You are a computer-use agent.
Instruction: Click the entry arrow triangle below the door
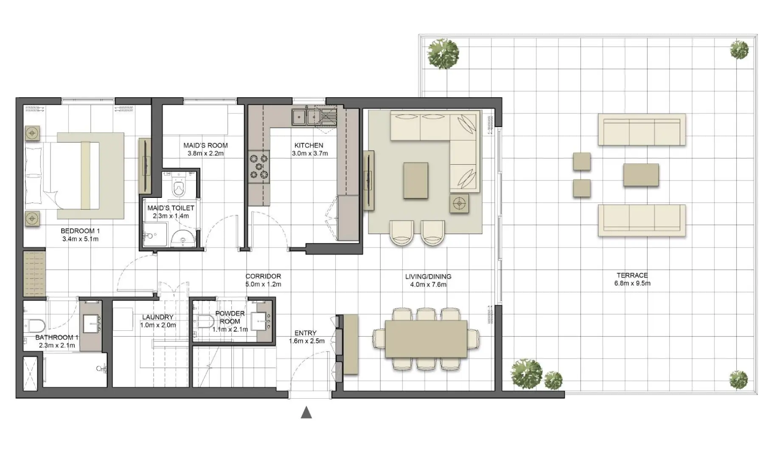tap(306, 413)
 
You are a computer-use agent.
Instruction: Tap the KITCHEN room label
tap(309, 145)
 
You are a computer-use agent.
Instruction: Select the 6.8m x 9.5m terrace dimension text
tap(632, 283)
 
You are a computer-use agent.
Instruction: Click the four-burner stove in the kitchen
tap(259, 166)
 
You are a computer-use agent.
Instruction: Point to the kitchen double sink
tap(306, 116)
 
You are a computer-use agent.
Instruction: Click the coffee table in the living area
tap(415, 180)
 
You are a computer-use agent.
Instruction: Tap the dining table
tap(426, 339)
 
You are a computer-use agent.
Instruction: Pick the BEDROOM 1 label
tap(80, 231)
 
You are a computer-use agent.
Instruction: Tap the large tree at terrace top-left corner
tap(443, 54)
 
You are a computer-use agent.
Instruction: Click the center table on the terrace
tap(641, 175)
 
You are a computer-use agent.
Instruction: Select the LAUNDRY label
tap(157, 317)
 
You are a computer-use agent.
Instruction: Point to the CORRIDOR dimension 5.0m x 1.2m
tap(263, 284)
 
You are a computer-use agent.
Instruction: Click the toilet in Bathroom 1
tap(36, 326)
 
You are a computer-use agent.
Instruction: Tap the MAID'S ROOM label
tap(205, 145)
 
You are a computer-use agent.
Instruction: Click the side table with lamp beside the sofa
tap(459, 203)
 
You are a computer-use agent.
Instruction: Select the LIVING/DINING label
tap(428, 276)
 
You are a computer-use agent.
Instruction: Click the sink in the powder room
tap(260, 321)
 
